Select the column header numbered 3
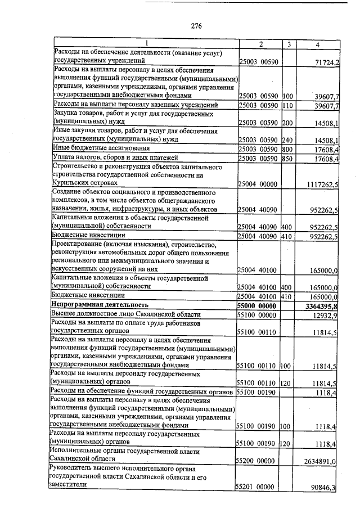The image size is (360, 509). (288, 44)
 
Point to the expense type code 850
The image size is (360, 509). (288, 159)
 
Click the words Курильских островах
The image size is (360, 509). (84, 183)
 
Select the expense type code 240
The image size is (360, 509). (288, 139)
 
